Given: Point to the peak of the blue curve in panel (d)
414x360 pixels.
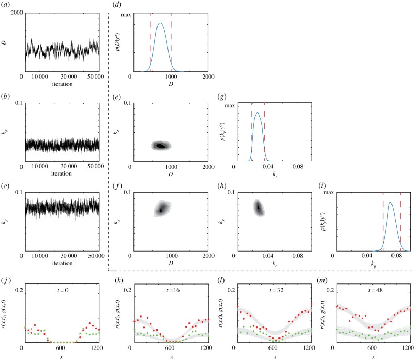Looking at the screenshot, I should pos(161,23).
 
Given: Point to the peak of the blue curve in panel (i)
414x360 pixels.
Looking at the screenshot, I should pos(390,203).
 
